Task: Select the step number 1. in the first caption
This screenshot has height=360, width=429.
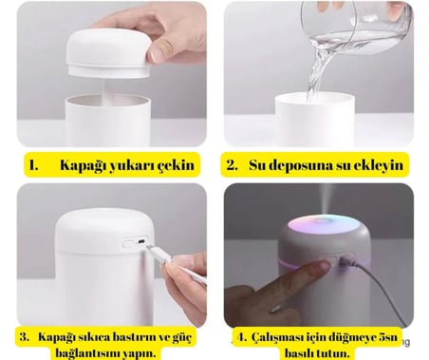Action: pyautogui.click(x=33, y=165)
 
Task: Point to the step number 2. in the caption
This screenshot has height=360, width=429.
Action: pyautogui.click(x=232, y=165)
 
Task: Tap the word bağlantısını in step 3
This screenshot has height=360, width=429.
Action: pyautogui.click(x=88, y=353)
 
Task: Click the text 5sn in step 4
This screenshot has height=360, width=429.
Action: pyautogui.click(x=387, y=337)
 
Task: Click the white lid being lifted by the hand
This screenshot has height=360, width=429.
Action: pyautogui.click(x=108, y=52)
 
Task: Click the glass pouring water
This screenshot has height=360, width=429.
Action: pyautogui.click(x=357, y=27)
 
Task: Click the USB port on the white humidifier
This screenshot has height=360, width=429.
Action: pyautogui.click(x=141, y=242)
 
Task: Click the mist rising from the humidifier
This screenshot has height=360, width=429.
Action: pyautogui.click(x=326, y=199)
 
